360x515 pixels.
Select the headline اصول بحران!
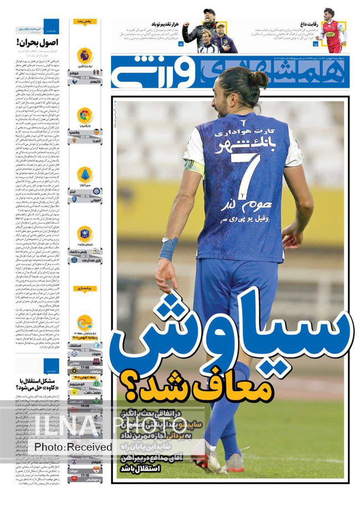point(38,42)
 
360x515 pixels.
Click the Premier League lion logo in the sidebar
point(85,55)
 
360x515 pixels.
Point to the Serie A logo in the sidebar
point(85,174)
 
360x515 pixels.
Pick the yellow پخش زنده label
point(85,22)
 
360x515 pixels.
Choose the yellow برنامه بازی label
point(85,289)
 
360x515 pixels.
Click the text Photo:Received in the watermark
point(73,447)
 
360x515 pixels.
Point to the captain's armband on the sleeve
point(195,166)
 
